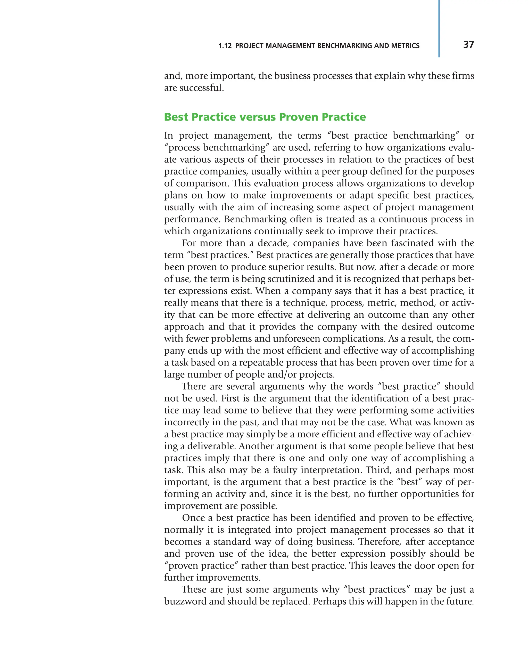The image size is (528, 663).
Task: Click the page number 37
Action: pyautogui.click(x=468, y=45)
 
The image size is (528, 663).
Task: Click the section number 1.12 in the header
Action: pyautogui.click(x=225, y=46)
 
